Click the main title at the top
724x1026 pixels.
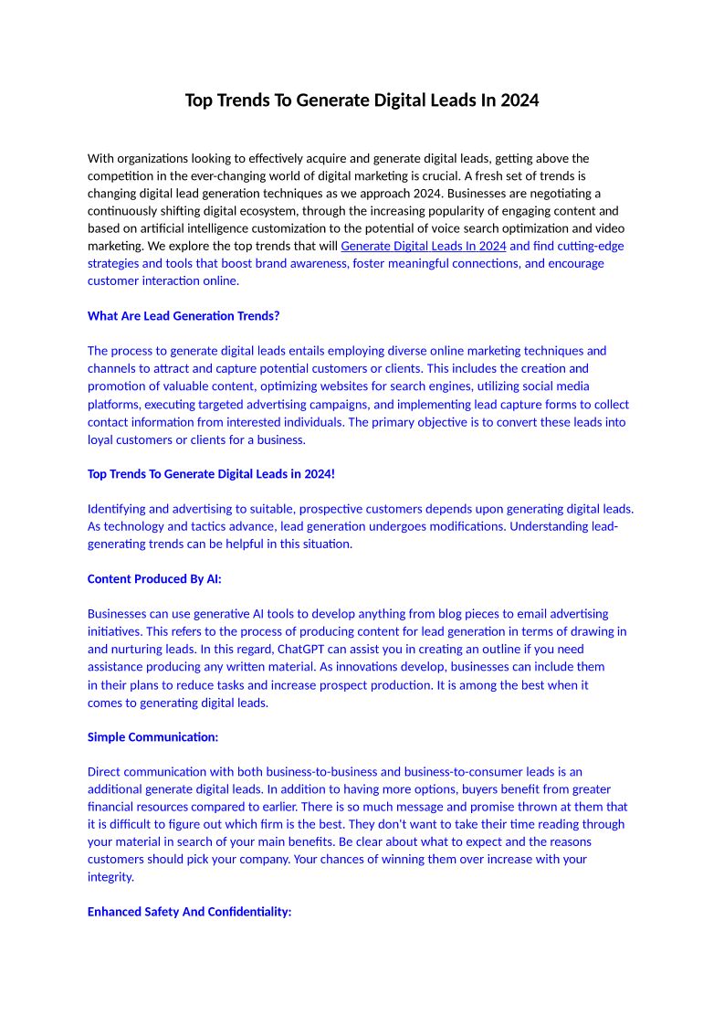tap(362, 100)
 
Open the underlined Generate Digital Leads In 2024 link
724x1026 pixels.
tap(423, 246)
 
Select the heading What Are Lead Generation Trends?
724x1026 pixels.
tap(184, 316)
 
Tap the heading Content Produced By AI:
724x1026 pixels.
tap(154, 579)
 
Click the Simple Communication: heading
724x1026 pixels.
tap(152, 737)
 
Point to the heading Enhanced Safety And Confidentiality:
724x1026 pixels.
tap(189, 913)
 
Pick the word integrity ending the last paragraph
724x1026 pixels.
tap(110, 877)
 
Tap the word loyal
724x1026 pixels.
tap(100, 439)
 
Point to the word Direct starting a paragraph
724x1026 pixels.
tap(104, 772)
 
